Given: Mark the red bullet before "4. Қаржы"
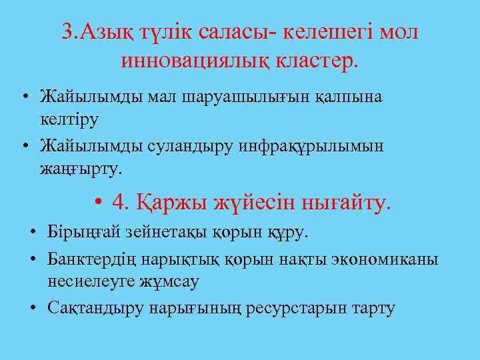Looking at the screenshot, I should point(98,201).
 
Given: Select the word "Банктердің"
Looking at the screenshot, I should point(88,259).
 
